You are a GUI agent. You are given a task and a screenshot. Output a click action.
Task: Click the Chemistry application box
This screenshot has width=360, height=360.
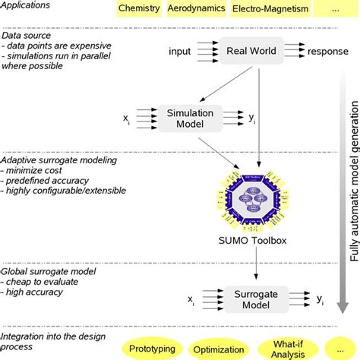[140, 9]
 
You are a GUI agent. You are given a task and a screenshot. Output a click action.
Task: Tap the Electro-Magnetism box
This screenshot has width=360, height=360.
[260, 9]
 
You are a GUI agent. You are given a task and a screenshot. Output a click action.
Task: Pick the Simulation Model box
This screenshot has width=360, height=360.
[191, 119]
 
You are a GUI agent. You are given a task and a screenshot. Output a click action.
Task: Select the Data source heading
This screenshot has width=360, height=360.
[27, 36]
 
